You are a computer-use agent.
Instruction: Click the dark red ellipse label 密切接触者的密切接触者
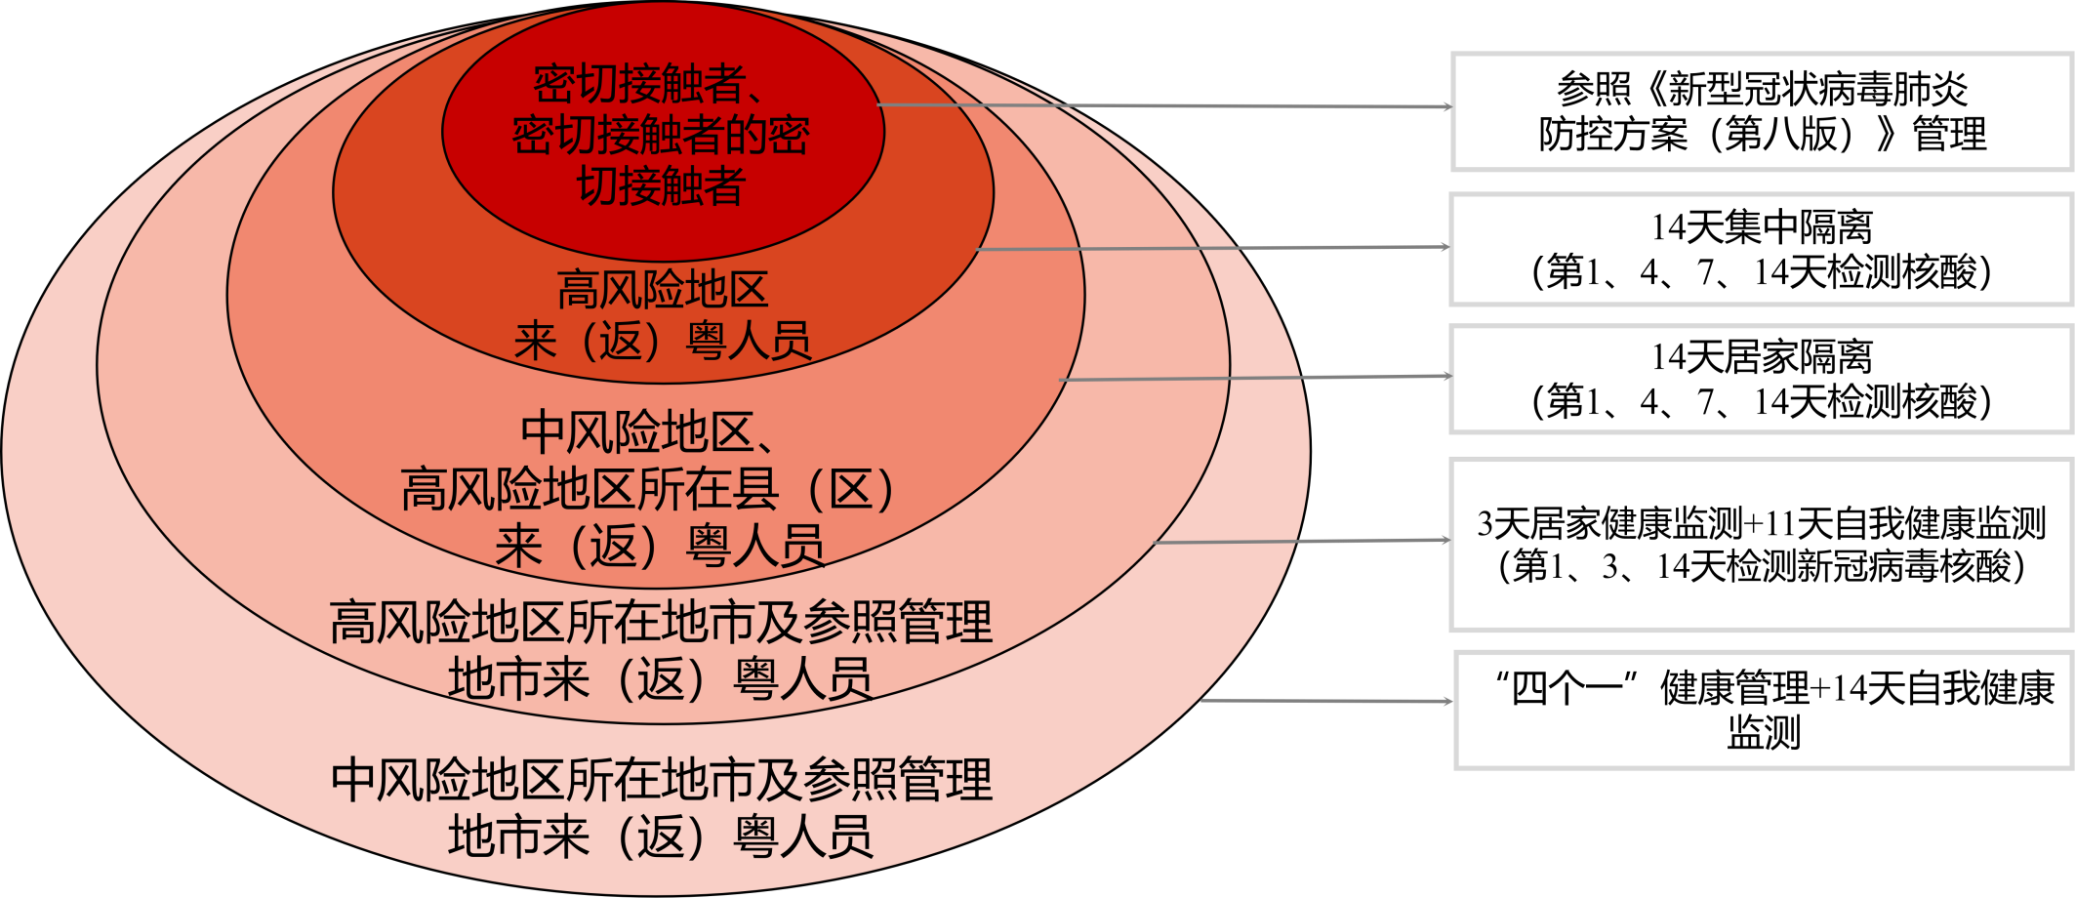pyautogui.click(x=662, y=135)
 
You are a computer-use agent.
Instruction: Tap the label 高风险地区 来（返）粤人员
pyautogui.click(x=663, y=314)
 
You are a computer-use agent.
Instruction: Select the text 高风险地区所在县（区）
pyautogui.click(x=647, y=488)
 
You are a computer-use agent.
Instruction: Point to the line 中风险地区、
pyautogui.click(x=648, y=431)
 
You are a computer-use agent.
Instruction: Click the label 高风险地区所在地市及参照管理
pyautogui.click(x=661, y=622)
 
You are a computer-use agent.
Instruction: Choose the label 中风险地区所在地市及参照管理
pyautogui.click(x=661, y=780)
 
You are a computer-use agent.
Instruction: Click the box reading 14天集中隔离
pyautogui.click(x=1762, y=250)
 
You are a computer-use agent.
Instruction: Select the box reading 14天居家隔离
pyautogui.click(x=1762, y=380)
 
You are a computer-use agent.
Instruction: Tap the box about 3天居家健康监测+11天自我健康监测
pyautogui.click(x=1762, y=545)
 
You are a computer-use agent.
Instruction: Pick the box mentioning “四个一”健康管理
pyautogui.click(x=1764, y=711)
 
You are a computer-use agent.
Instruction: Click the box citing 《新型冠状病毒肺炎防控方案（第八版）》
pyautogui.click(x=1762, y=112)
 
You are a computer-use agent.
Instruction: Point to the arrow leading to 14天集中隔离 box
pyautogui.click(x=1213, y=248)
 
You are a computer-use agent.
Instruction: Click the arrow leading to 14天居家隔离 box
pyautogui.click(x=1255, y=378)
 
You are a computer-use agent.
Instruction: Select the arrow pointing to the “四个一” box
pyautogui.click(x=1326, y=701)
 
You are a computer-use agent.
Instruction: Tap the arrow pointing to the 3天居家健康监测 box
pyautogui.click(x=1302, y=541)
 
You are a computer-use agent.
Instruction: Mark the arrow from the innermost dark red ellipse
pyautogui.click(x=1165, y=105)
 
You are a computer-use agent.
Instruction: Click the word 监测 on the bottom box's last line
pyautogui.click(x=1764, y=731)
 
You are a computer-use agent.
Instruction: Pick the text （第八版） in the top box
pyautogui.click(x=1789, y=134)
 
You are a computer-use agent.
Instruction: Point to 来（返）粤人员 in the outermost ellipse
pyautogui.click(x=661, y=837)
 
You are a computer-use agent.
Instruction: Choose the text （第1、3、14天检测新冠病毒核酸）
pyautogui.click(x=1762, y=566)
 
